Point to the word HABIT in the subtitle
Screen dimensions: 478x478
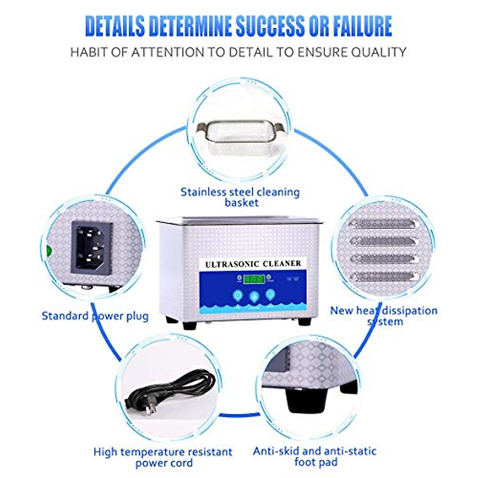tap(88, 52)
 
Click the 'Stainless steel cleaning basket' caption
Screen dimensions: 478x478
tap(240, 197)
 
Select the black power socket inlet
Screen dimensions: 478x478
tap(92, 247)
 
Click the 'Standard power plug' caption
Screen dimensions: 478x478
tap(95, 316)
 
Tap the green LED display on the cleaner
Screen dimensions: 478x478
tap(254, 279)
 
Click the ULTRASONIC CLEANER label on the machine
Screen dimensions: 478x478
tap(253, 264)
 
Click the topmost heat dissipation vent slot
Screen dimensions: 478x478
tap(382, 224)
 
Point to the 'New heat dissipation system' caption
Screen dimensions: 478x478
tap(384, 316)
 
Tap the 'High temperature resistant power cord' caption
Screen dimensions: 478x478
tap(163, 457)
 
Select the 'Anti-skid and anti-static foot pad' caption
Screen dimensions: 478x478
tap(315, 456)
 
